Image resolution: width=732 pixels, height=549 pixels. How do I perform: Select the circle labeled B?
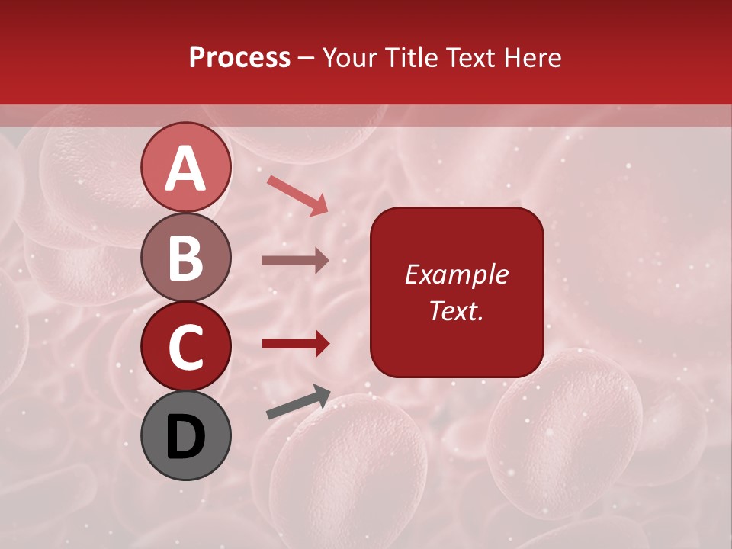(186, 257)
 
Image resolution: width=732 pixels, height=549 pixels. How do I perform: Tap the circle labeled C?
(186, 347)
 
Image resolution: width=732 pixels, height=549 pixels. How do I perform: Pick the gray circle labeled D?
(186, 436)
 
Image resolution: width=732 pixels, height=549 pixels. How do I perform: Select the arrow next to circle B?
(295, 261)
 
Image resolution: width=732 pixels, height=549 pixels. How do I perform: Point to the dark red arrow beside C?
(295, 344)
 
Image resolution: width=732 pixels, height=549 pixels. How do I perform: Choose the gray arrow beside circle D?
(298, 402)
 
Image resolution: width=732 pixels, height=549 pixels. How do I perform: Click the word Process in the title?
(239, 58)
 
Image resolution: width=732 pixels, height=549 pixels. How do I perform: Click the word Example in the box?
(456, 274)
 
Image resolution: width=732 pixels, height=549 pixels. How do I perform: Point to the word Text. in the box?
(456, 310)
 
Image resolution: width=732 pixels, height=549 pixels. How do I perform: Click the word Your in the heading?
(350, 58)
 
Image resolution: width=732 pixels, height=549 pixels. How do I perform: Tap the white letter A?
(186, 169)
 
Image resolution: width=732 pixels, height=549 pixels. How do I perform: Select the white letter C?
(186, 348)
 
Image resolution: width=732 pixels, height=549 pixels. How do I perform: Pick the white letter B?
(186, 258)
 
